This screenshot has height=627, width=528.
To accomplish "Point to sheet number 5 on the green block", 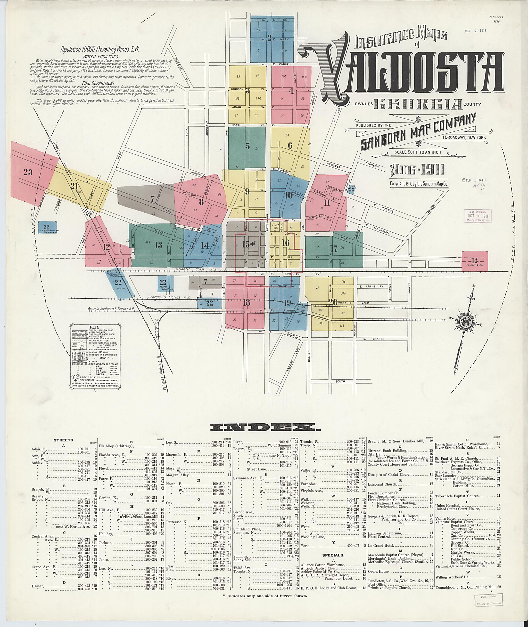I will click(x=247, y=146).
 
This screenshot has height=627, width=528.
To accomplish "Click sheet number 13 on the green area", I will click(x=158, y=245).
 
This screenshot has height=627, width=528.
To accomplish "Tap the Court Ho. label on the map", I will click(x=275, y=226).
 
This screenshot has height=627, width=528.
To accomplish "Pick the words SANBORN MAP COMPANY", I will click(x=418, y=132).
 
